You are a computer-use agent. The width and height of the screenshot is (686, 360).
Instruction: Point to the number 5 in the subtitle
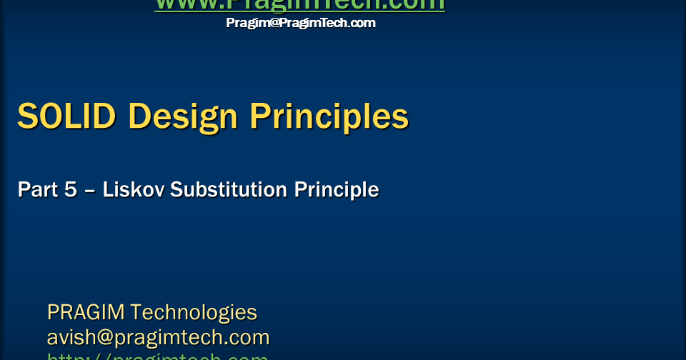(71, 190)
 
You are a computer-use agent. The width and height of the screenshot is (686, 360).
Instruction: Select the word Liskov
(134, 190)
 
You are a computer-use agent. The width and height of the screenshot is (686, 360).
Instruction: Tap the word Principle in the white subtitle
(337, 190)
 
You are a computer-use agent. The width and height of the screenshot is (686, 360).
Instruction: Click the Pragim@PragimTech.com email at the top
(300, 23)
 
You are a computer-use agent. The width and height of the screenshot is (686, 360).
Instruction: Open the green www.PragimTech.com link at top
(300, 5)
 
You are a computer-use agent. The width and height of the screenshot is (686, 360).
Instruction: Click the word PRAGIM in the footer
(86, 313)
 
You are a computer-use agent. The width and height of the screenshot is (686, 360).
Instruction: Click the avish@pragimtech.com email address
(158, 337)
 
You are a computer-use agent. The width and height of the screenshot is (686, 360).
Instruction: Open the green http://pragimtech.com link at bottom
(158, 356)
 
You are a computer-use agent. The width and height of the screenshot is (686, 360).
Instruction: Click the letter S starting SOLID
(27, 116)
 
